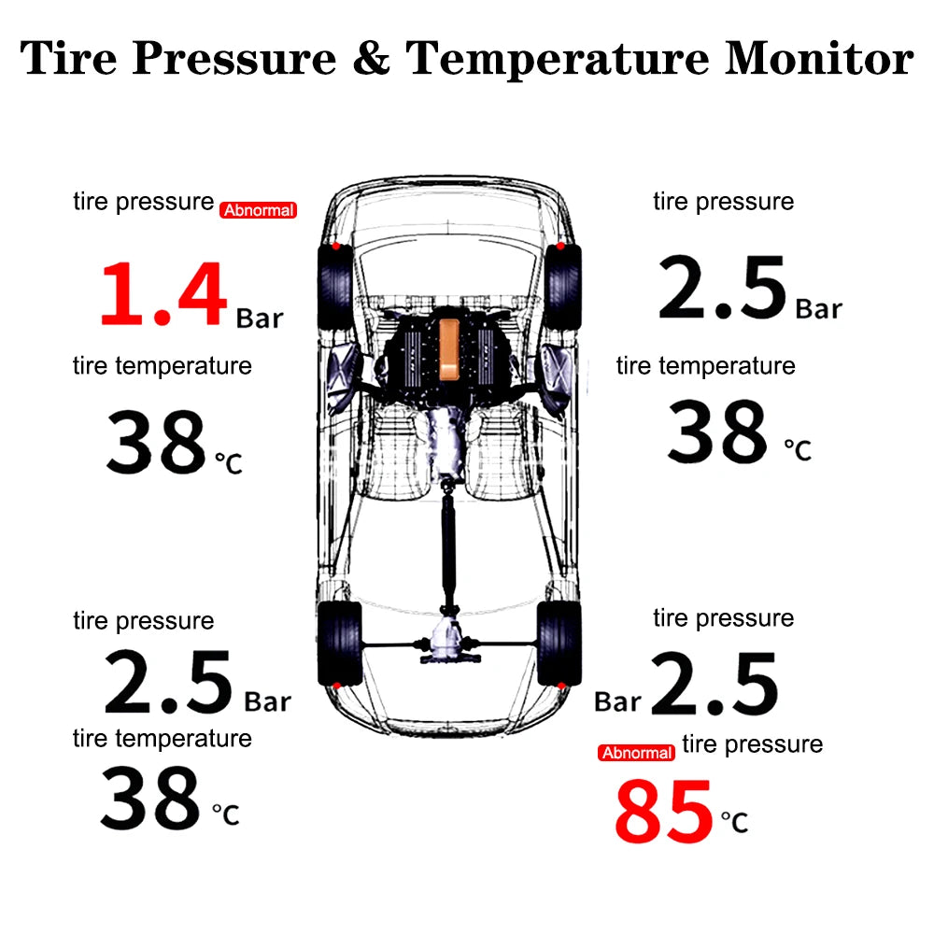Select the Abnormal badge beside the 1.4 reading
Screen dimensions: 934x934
tap(258, 210)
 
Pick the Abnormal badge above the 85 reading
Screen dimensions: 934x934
tap(637, 752)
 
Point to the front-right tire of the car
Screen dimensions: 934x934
tap(562, 284)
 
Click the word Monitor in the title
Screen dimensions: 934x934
tap(819, 58)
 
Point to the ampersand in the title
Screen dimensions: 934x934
tap(371, 58)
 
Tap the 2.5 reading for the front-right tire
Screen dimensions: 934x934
tap(721, 289)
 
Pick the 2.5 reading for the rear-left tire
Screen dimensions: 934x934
tap(168, 683)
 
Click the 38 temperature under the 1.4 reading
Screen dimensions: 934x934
tap(155, 442)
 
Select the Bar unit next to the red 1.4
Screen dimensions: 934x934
tap(259, 318)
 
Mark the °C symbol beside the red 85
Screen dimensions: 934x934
tap(734, 823)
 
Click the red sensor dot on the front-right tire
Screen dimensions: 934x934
tap(559, 248)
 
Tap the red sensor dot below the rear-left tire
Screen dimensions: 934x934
tap(335, 686)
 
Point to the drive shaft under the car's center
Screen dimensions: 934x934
tap(449, 551)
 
